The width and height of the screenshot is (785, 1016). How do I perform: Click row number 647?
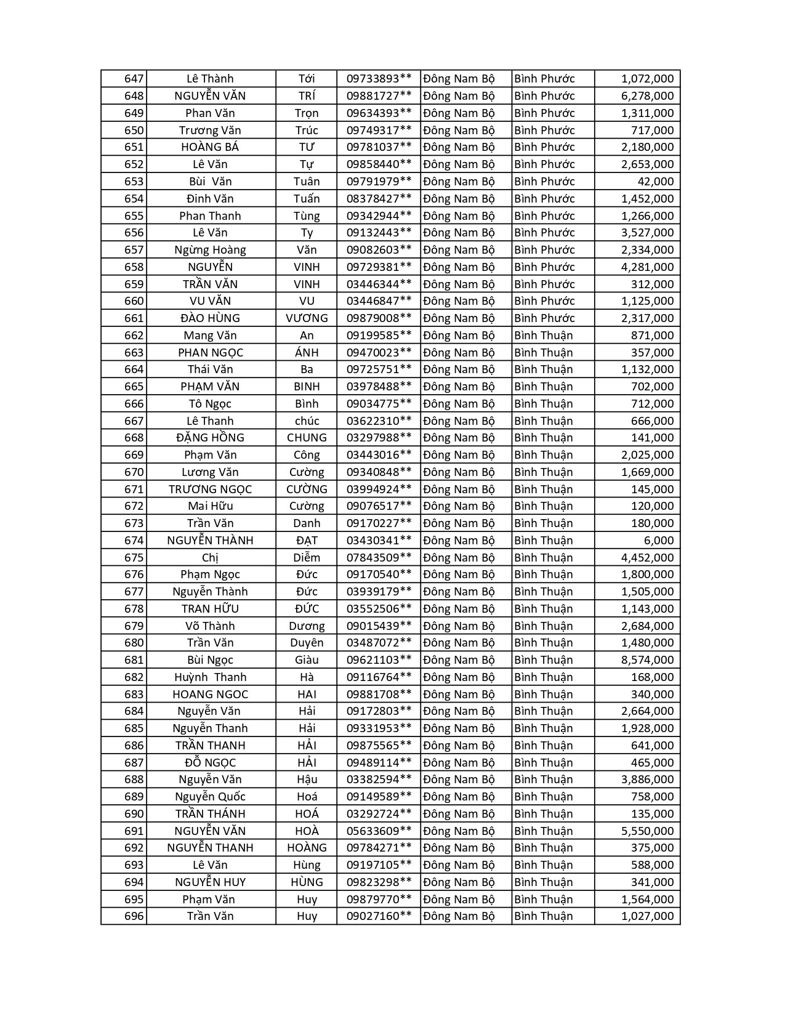134,79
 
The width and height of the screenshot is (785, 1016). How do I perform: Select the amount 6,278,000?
647,96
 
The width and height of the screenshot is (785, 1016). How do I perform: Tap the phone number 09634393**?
379,113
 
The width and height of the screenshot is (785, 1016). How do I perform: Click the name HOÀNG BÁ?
210,147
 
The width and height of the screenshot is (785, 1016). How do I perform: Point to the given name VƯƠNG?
307,318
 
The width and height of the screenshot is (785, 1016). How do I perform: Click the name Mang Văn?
210,336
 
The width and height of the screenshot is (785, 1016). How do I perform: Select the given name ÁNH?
307,353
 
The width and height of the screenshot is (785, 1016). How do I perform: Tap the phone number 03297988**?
379,438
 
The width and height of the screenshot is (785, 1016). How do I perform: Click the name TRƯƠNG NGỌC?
210,490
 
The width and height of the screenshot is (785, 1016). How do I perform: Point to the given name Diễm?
307,558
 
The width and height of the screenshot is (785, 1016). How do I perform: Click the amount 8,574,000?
647,660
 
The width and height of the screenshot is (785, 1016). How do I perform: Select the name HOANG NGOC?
210,695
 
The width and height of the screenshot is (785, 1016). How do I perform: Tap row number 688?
134,780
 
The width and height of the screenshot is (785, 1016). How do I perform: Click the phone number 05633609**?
379,831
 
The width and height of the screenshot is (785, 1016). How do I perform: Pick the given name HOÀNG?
307,848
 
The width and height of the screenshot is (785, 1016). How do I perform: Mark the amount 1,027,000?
647,916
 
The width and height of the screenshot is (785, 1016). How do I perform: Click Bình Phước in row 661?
544,318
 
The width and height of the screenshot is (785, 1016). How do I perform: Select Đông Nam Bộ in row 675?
459,558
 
